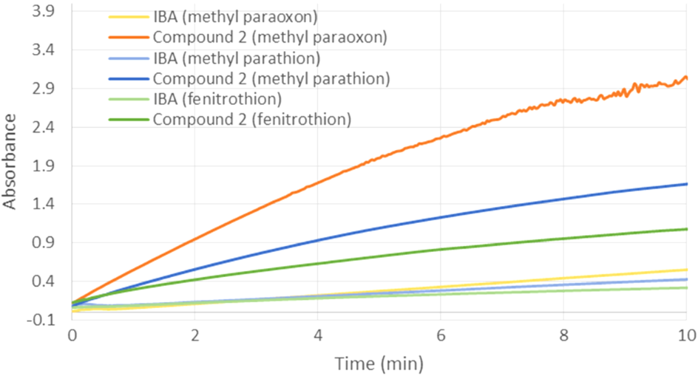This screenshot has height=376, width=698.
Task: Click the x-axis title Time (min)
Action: [379, 363]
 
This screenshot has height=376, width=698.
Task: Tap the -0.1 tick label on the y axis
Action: [47, 320]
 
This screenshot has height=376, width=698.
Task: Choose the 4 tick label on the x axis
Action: [318, 335]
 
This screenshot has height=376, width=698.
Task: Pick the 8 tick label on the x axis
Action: [563, 335]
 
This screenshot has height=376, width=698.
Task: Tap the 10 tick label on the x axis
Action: [686, 335]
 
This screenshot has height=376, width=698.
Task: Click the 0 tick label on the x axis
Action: [72, 335]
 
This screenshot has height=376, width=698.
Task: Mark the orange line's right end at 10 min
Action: [687, 78]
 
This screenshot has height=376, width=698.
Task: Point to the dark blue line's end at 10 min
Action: [687, 184]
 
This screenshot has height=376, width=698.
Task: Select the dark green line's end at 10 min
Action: [687, 229]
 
